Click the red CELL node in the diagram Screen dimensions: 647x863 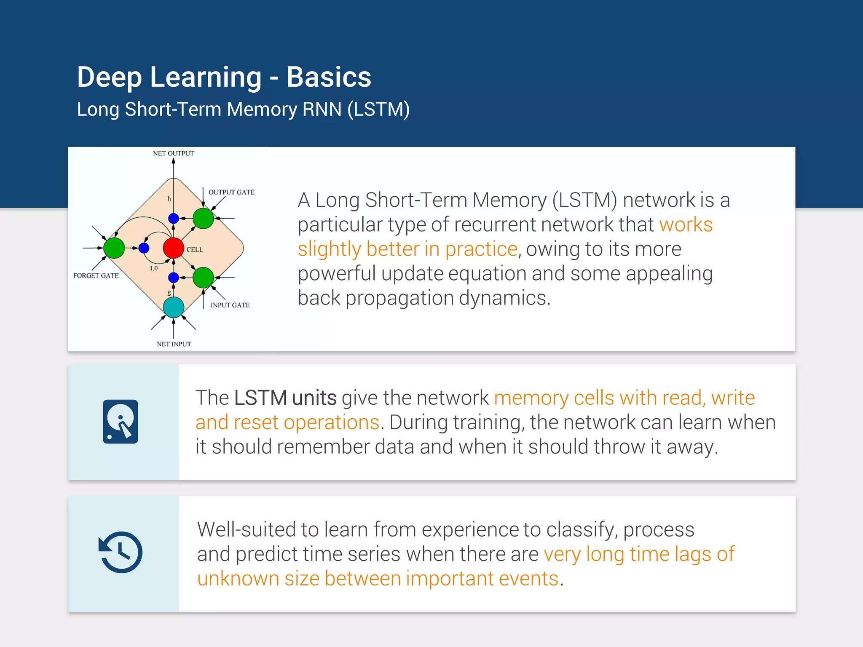pyautogui.click(x=173, y=248)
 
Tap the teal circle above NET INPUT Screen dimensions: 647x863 pyautogui.click(x=173, y=307)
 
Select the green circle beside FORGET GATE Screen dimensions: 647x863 pyautogui.click(x=114, y=248)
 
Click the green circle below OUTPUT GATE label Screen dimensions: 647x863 pyautogui.click(x=203, y=218)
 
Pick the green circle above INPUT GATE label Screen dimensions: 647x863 pyautogui.click(x=203, y=278)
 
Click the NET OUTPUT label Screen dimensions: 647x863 pyautogui.click(x=173, y=153)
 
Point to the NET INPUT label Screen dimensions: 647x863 pyautogui.click(x=174, y=344)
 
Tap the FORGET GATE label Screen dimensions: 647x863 pyautogui.click(x=96, y=275)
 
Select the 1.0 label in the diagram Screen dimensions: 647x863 pyautogui.click(x=153, y=268)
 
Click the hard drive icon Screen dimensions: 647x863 pyautogui.click(x=121, y=422)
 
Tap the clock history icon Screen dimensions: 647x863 pyautogui.click(x=121, y=552)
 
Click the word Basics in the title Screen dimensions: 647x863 pyautogui.click(x=329, y=77)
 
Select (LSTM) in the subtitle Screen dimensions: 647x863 pyautogui.click(x=378, y=109)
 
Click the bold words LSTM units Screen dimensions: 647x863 pyautogui.click(x=285, y=398)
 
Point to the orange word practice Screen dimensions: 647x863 pyautogui.click(x=481, y=249)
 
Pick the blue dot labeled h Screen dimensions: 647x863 pyautogui.click(x=173, y=218)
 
